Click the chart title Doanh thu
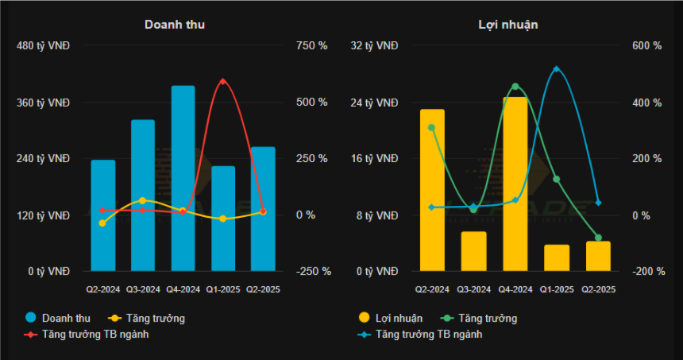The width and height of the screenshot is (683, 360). [175, 24]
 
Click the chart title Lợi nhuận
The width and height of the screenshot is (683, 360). [508, 24]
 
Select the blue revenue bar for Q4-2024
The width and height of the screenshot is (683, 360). [183, 179]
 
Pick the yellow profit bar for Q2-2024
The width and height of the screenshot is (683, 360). [432, 191]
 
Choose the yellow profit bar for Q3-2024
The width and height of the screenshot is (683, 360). [473, 251]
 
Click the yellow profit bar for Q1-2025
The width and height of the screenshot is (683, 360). [557, 257]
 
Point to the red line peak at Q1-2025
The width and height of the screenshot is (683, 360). [223, 81]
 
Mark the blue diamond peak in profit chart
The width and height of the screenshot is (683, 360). [557, 69]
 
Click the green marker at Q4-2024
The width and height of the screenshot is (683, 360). [515, 86]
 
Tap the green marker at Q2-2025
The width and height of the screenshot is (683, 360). [598, 238]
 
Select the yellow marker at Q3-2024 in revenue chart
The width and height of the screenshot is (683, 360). [142, 200]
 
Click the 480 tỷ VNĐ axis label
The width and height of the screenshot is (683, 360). [43, 46]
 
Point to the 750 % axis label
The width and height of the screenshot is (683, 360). [311, 46]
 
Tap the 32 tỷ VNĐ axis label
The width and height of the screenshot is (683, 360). [374, 46]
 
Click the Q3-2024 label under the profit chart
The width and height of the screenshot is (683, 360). [473, 289]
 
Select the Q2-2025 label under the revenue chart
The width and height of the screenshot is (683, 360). [263, 289]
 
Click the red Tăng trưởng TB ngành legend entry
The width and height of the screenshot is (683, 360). [95, 334]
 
